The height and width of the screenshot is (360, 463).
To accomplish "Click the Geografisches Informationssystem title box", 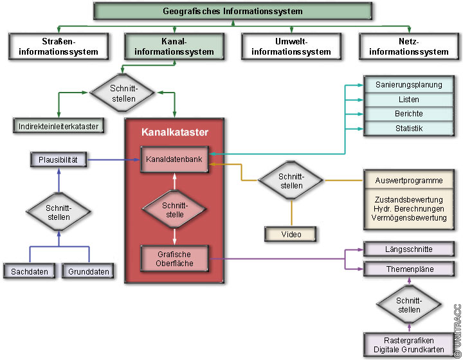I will tap(232, 11).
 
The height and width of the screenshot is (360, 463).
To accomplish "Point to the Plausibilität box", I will tap(58, 159).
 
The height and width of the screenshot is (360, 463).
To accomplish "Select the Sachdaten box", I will tap(30, 272).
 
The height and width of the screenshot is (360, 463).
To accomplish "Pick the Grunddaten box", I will tap(89, 272).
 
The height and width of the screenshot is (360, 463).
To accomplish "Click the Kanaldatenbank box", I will tap(174, 159).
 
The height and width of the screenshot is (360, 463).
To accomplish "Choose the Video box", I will tap(291, 234).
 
